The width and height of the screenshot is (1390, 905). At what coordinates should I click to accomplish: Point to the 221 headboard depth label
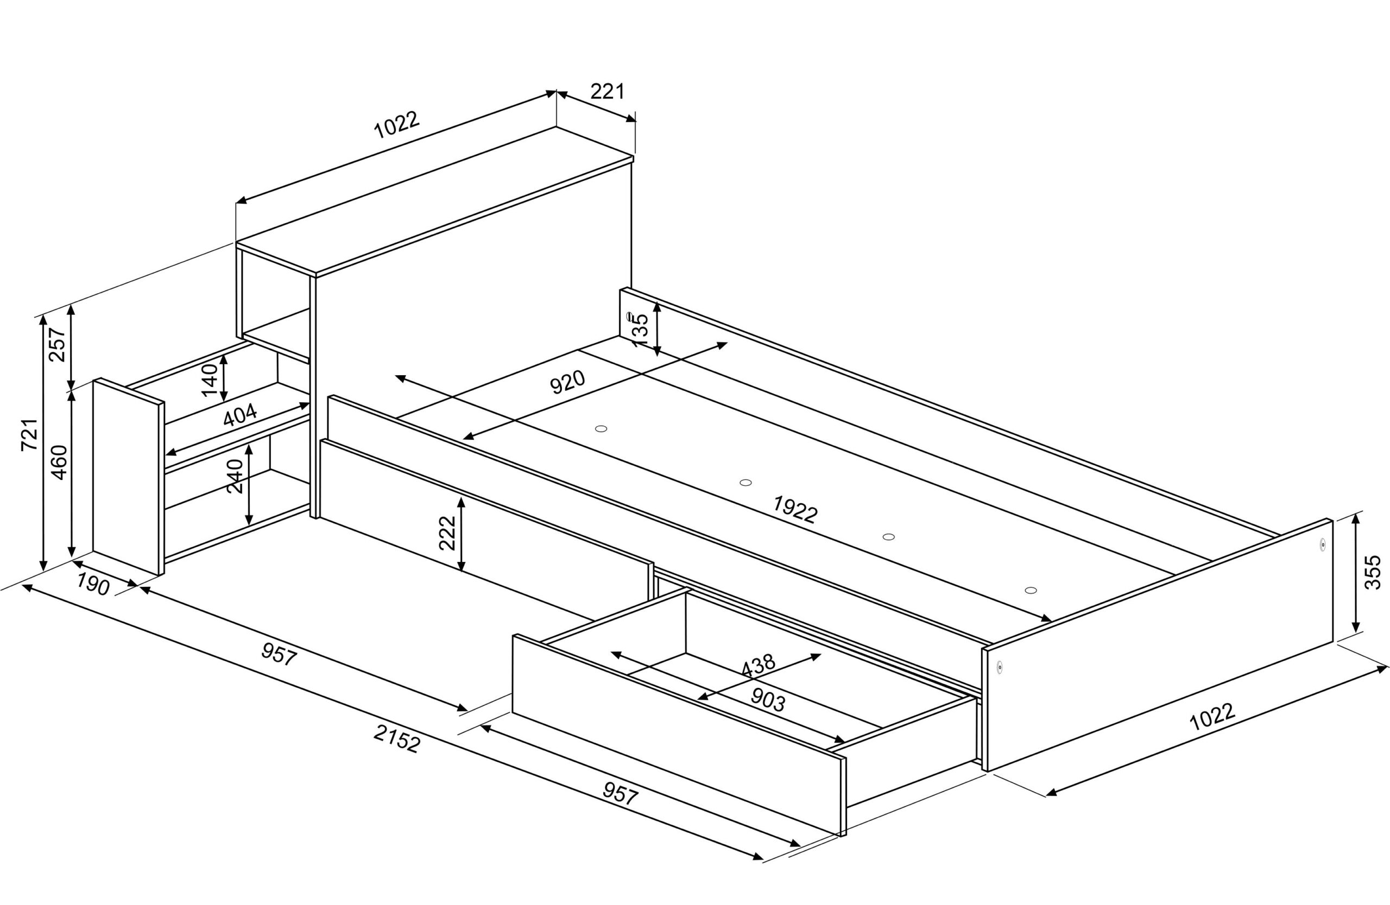click(608, 92)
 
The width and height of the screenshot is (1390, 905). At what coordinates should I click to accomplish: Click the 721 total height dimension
click(30, 434)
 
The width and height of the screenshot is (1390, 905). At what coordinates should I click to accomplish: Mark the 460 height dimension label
click(59, 463)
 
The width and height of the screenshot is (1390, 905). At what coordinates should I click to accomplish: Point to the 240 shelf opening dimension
click(235, 476)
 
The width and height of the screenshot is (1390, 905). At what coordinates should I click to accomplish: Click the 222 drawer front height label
click(447, 533)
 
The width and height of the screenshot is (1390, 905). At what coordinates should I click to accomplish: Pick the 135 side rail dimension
click(641, 331)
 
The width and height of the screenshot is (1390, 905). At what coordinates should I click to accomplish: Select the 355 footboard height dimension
click(1374, 572)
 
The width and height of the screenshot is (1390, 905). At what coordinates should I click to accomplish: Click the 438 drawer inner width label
click(757, 665)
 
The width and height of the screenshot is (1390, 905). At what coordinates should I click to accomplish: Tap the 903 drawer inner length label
click(767, 699)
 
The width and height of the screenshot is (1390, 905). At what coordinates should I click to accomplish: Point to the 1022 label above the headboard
click(396, 125)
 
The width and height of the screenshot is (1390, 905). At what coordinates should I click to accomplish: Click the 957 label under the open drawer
click(620, 794)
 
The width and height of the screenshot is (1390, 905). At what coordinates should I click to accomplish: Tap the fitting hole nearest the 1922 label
click(745, 482)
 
